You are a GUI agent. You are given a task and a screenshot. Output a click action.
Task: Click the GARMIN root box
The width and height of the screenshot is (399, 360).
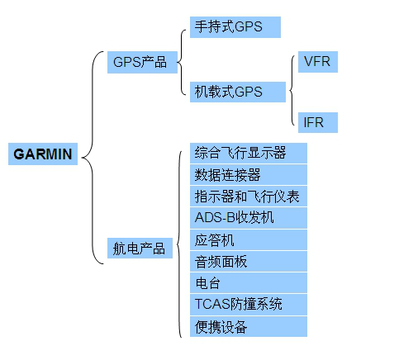[x=43, y=154]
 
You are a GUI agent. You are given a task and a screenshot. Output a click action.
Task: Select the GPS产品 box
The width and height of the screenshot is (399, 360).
[x=142, y=62]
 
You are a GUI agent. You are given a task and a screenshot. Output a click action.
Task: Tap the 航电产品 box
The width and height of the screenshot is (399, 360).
[x=140, y=248]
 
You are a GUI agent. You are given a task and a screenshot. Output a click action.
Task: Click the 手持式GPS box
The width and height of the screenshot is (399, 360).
[x=235, y=27]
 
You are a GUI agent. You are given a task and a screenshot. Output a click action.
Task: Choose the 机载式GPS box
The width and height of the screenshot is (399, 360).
[x=238, y=92]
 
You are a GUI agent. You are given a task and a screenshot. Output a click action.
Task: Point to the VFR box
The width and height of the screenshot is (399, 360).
[x=318, y=62]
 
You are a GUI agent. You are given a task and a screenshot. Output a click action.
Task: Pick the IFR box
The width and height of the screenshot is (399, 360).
[x=318, y=122]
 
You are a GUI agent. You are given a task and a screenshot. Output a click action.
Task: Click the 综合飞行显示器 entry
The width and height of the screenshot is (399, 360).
[x=249, y=153]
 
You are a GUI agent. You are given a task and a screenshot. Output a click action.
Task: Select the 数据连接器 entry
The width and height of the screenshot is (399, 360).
[x=249, y=175]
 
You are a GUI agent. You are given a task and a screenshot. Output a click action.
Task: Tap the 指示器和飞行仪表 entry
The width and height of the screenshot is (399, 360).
[x=249, y=197]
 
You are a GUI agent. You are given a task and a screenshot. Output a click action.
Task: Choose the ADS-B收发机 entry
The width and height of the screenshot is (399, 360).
[x=249, y=218]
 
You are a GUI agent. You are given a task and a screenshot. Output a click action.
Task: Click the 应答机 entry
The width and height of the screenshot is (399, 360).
[x=249, y=240]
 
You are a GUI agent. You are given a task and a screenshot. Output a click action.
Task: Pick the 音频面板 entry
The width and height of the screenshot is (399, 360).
[x=249, y=261]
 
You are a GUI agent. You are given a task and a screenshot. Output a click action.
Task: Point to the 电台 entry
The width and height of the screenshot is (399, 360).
[x=249, y=282]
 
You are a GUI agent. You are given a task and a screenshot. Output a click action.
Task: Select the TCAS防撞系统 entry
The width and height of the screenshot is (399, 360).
[x=249, y=305]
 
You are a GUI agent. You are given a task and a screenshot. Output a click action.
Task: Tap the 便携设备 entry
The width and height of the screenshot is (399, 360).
[x=249, y=326]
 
